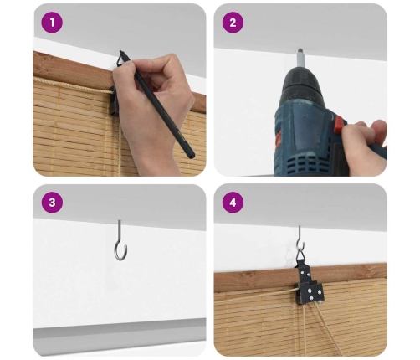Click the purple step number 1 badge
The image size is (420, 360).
52,23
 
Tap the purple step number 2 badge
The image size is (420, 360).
233,23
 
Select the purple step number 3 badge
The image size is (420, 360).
52,203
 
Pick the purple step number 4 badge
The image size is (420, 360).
233,203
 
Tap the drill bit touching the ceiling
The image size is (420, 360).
301,59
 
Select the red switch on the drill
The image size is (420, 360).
340,123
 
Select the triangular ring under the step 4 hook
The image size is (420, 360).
300,255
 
